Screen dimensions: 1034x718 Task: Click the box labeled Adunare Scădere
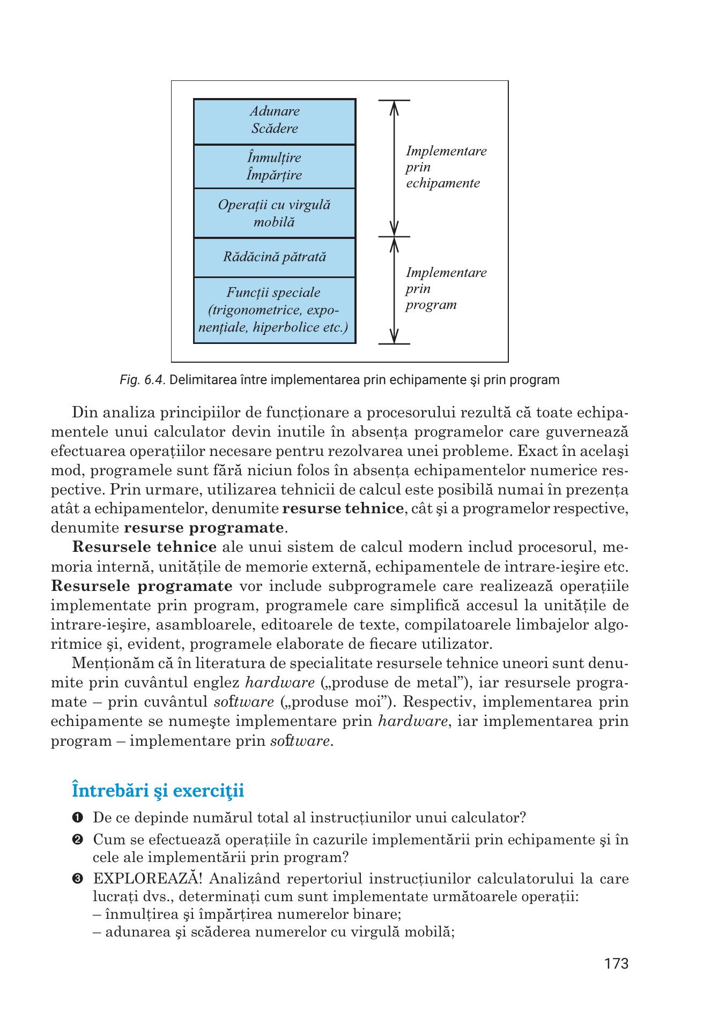pyautogui.click(x=275, y=121)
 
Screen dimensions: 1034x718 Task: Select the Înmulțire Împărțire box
pyautogui.click(x=275, y=167)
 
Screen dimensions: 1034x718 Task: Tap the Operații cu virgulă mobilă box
pyautogui.click(x=275, y=213)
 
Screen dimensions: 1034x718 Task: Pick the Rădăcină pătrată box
pyautogui.click(x=275, y=257)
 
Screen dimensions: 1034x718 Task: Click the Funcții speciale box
pyautogui.click(x=275, y=310)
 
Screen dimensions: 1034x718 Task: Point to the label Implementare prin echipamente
pyautogui.click(x=445, y=167)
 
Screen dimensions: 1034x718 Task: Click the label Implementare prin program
pyautogui.click(x=445, y=289)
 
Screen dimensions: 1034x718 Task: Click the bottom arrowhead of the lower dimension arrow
pyautogui.click(x=394, y=337)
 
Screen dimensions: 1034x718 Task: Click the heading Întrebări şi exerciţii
pyautogui.click(x=158, y=790)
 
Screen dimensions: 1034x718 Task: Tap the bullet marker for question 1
pyautogui.click(x=77, y=818)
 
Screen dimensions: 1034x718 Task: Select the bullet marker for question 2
pyautogui.click(x=77, y=840)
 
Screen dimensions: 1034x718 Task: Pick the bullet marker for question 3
pyautogui.click(x=77, y=879)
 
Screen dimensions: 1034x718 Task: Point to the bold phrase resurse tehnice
pyautogui.click(x=343, y=508)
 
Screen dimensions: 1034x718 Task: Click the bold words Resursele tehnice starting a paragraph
pyautogui.click(x=144, y=548)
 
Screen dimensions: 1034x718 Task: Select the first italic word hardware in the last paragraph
pyautogui.click(x=279, y=683)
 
